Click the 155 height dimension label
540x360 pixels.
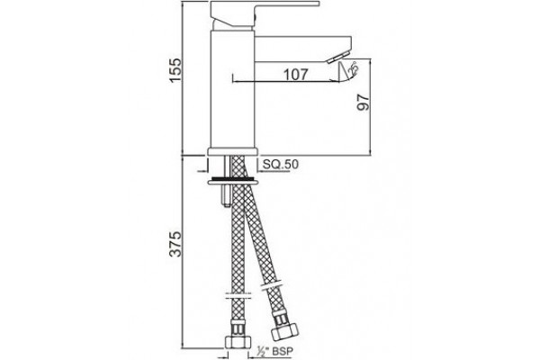tap(175, 70)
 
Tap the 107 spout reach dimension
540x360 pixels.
tap(295, 75)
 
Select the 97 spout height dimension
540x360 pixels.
tap(363, 103)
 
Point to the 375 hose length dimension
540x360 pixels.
tap(175, 244)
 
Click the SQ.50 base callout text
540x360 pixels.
tap(281, 165)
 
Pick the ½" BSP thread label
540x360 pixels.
tap(275, 351)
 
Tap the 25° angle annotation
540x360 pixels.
tap(353, 68)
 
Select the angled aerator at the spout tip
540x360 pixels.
tap(338, 58)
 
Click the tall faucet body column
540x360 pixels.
tap(232, 90)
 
